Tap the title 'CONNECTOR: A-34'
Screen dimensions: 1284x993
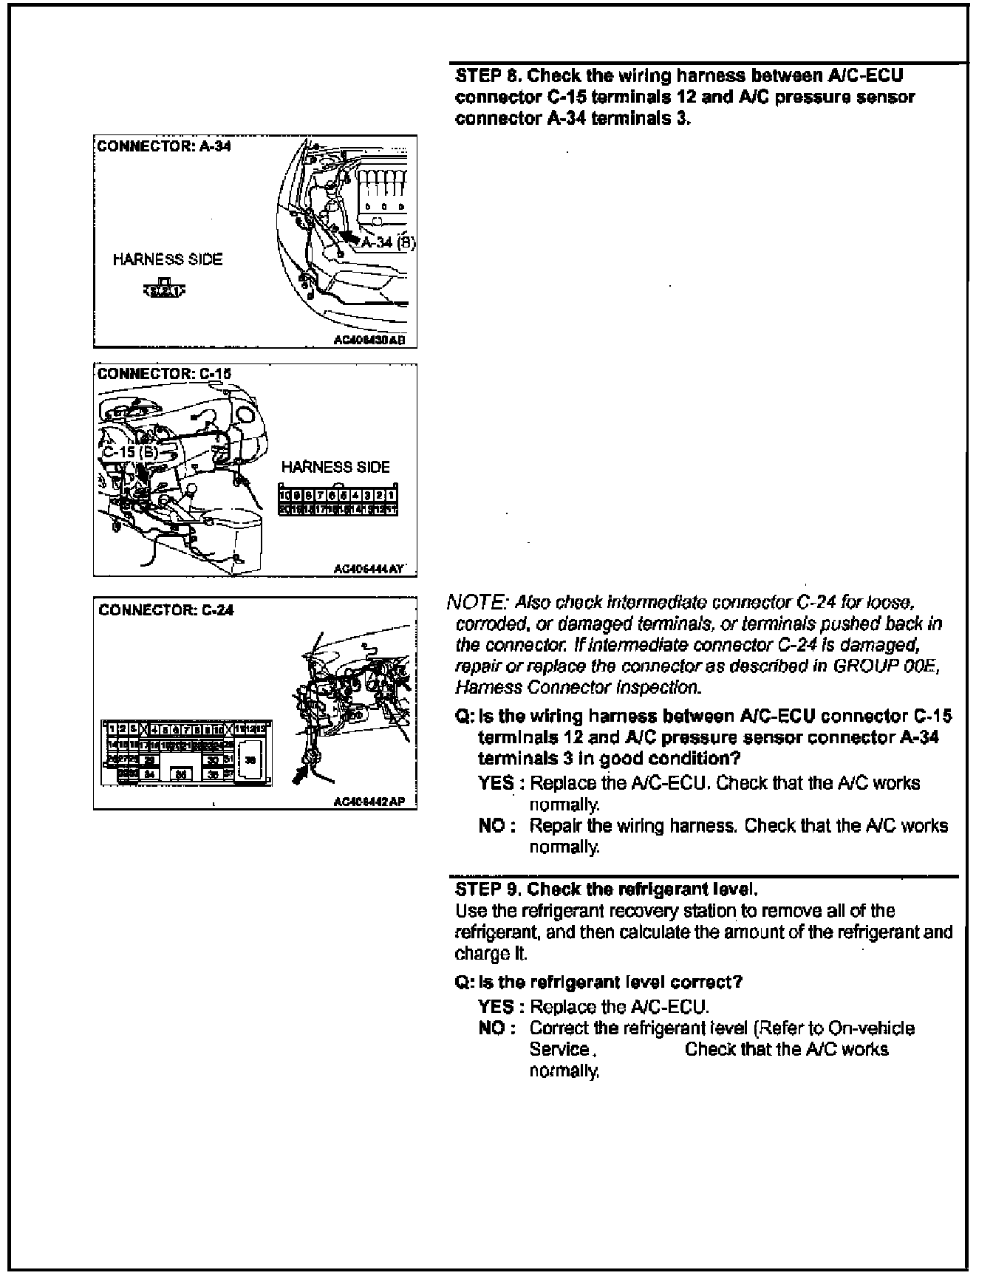164,146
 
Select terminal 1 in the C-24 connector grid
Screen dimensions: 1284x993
111,728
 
